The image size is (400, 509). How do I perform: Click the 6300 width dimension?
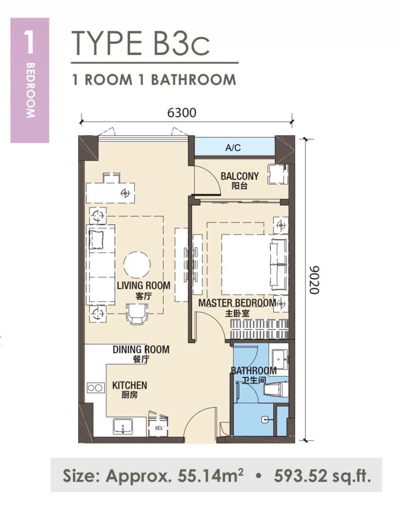(182, 113)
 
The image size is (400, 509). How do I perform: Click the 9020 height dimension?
(314, 280)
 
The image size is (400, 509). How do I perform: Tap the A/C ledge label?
(233, 148)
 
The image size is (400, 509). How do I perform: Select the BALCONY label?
(240, 176)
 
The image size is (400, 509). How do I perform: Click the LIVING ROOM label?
(144, 285)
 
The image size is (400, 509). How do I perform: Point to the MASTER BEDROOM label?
(237, 303)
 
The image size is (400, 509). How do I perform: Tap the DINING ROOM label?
(141, 349)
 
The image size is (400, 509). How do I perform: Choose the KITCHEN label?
(130, 385)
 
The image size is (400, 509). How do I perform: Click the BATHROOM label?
(254, 370)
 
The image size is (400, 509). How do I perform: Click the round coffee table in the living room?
(137, 265)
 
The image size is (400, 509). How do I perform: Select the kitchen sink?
(123, 426)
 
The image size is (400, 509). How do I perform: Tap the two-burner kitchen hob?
(96, 387)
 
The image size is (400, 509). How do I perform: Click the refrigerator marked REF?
(158, 424)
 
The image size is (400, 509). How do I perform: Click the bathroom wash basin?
(279, 359)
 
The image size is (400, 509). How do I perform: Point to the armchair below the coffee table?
(138, 313)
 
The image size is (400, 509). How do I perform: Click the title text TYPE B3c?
(140, 43)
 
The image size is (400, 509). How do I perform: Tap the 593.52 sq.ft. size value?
(322, 476)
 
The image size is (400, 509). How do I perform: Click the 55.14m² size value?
(211, 476)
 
